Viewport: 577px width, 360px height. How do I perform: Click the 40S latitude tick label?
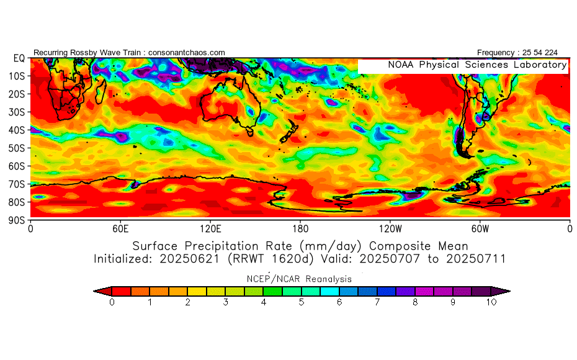pos(16,130)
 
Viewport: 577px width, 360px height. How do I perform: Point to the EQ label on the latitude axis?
pos(19,58)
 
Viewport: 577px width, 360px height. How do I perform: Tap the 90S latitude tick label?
pos(16,220)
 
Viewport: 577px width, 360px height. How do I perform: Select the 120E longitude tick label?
pos(210,229)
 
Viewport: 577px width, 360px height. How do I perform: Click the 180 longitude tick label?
pos(300,229)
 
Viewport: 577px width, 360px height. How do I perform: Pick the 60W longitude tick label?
pos(480,229)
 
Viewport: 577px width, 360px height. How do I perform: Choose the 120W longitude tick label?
pos(390,229)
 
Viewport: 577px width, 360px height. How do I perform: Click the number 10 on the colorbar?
pos(491,302)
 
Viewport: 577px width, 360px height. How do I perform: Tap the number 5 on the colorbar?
pos(302,302)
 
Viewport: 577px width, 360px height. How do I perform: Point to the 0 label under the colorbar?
pos(112,302)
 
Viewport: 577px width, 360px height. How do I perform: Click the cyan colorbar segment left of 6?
pos(329,292)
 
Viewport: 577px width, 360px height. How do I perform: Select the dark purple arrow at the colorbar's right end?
pos(501,292)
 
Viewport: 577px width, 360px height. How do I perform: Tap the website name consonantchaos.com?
pos(187,53)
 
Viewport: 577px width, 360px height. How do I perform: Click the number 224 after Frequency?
pos(551,53)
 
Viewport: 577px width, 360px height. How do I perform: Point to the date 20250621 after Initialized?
pos(189,259)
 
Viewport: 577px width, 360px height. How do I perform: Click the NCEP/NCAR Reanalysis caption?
pos(299,279)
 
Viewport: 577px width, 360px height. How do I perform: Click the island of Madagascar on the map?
pos(101,92)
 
